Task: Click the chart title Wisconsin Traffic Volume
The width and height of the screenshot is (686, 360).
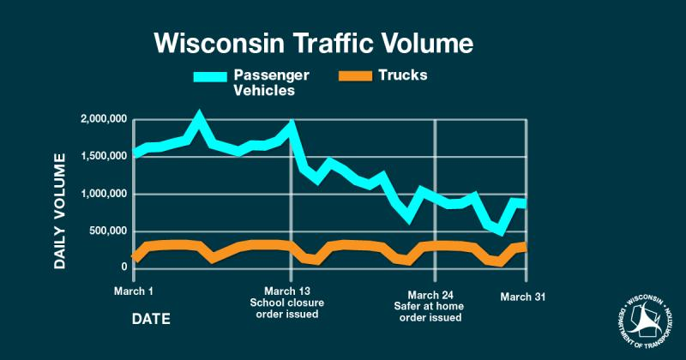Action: pyautogui.click(x=313, y=43)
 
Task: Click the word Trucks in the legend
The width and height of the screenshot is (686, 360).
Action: pyautogui.click(x=402, y=75)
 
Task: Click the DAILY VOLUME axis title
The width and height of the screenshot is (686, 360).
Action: pyautogui.click(x=60, y=211)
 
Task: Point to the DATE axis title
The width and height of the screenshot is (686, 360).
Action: pyautogui.click(x=151, y=319)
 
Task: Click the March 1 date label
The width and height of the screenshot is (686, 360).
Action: pyautogui.click(x=133, y=291)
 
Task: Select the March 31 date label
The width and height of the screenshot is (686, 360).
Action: pyautogui.click(x=522, y=297)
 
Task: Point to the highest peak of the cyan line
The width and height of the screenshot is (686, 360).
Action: pyautogui.click(x=199, y=116)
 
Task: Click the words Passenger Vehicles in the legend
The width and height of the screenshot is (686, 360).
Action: pyautogui.click(x=274, y=82)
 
